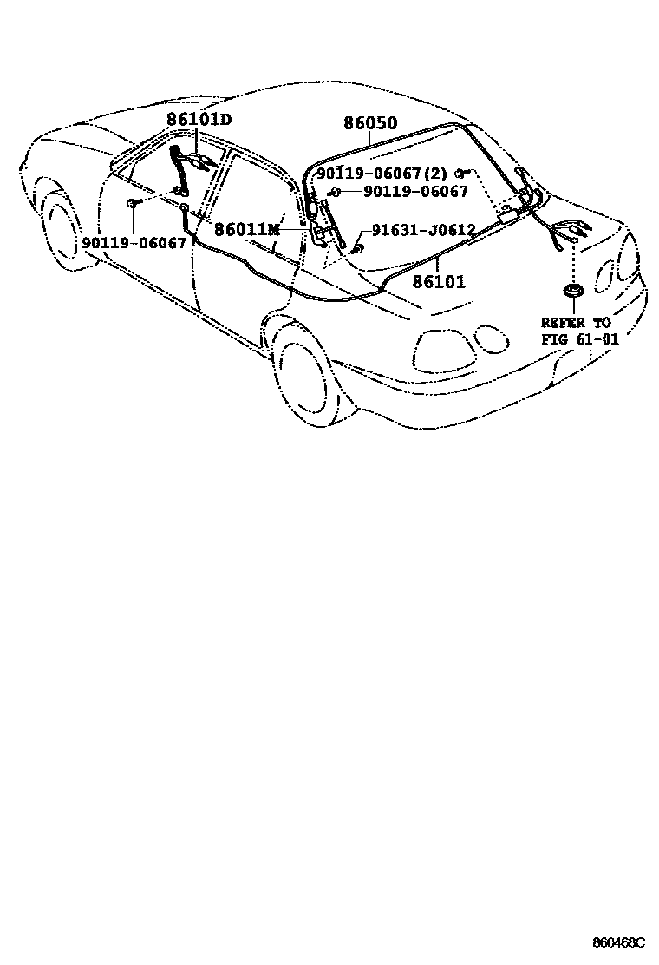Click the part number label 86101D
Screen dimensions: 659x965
pyautogui.click(x=200, y=121)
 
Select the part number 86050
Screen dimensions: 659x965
pyautogui.click(x=370, y=124)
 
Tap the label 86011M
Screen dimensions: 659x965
pyautogui.click(x=247, y=229)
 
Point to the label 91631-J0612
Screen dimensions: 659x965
pyautogui.click(x=423, y=230)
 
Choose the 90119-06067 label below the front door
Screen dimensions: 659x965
pyautogui.click(x=134, y=243)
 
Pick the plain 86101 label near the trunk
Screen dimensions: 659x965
pyautogui.click(x=438, y=281)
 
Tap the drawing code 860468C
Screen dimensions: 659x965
pyautogui.click(x=619, y=942)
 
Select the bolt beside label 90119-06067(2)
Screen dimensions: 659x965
pyautogui.click(x=461, y=174)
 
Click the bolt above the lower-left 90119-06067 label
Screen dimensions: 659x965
pyautogui.click(x=132, y=203)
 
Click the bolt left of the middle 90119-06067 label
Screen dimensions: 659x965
pyautogui.click(x=335, y=191)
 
